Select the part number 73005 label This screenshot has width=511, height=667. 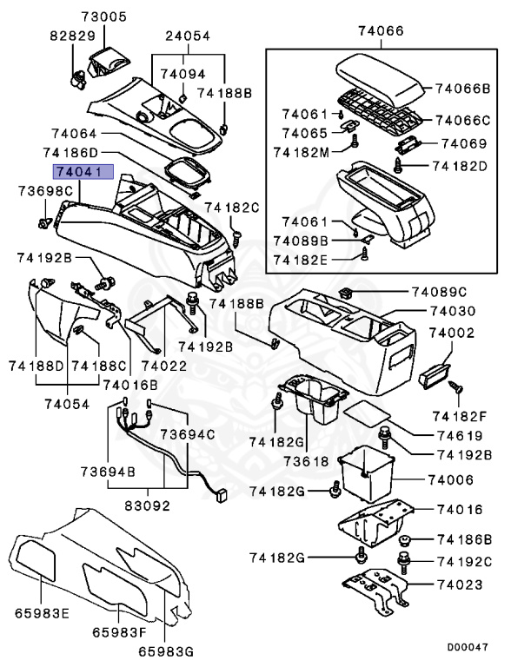pos(103,17)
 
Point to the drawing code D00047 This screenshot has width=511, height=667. pos(468,648)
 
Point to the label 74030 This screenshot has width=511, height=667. pos(455,311)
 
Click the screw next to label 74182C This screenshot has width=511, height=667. pos(236,232)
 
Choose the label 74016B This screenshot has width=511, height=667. pos(130,383)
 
